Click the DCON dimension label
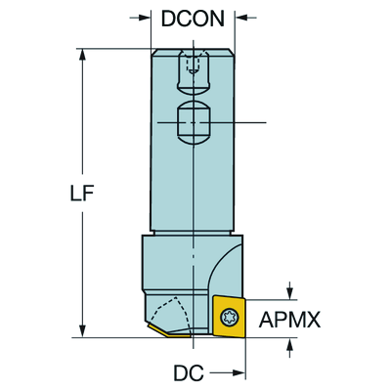(193, 19)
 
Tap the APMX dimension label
(289, 320)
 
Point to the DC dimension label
(189, 372)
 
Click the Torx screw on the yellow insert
(230, 317)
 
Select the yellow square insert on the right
(229, 316)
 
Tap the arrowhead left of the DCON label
(144, 18)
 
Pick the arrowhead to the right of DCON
(241, 18)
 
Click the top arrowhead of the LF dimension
(82, 56)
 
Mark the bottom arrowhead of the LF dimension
(82, 330)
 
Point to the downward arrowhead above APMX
(289, 292)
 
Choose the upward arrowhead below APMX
(289, 345)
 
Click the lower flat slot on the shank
(193, 122)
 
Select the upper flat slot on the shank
(193, 72)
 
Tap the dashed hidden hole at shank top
(193, 64)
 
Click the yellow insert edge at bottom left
(168, 331)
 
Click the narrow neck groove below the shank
(193, 233)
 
